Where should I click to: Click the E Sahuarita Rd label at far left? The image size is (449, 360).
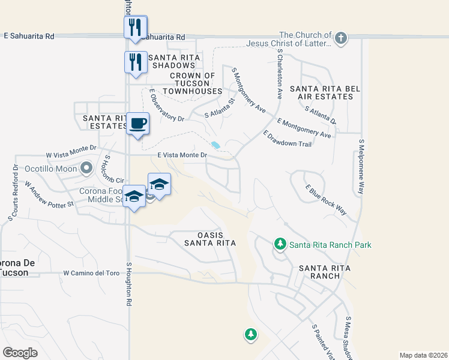click(29, 36)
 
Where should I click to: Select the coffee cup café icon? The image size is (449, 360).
click(138, 124)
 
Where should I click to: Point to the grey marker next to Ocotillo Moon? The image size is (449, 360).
click(86, 168)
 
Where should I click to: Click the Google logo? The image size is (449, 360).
click(20, 353)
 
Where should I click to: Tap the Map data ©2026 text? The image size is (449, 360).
click(423, 355)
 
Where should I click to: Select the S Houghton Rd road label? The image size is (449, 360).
click(128, 284)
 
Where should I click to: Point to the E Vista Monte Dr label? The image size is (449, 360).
click(182, 155)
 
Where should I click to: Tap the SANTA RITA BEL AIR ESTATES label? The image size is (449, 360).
click(325, 92)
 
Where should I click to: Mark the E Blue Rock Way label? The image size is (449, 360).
click(326, 200)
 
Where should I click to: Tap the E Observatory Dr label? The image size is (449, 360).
click(167, 106)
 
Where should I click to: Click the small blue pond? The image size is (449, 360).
click(215, 145)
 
